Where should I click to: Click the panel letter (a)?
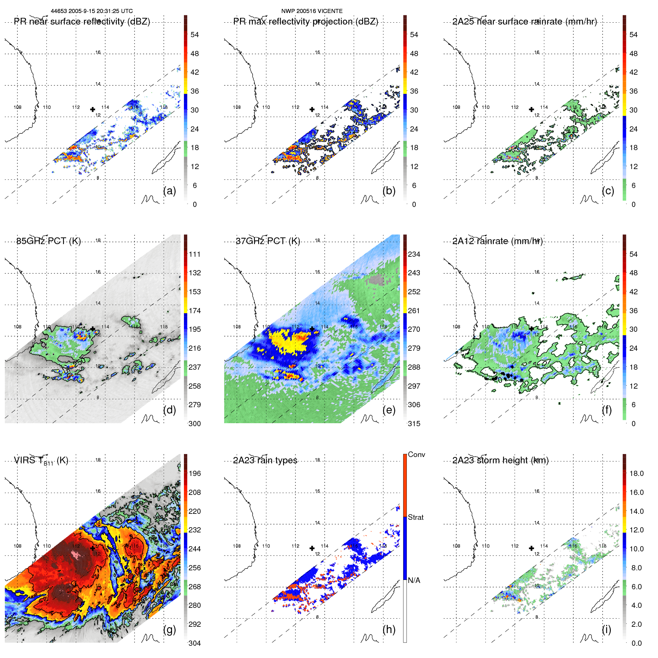[x=169, y=191]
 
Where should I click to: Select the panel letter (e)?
[x=389, y=410]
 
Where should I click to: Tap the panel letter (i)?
[x=606, y=629]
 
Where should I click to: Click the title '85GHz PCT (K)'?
[x=49, y=241]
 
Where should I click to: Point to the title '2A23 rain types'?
[x=265, y=460]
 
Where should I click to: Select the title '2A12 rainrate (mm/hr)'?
[x=497, y=241]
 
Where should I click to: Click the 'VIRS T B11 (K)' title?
[x=41, y=461]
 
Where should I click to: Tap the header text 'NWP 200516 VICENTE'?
[x=312, y=11]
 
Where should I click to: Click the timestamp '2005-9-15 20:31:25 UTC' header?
[x=100, y=11]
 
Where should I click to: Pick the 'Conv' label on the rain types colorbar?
[x=416, y=454]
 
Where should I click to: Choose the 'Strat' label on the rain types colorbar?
[x=416, y=517]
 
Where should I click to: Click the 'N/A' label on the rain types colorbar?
[x=414, y=580]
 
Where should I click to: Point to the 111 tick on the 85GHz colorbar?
[x=195, y=254]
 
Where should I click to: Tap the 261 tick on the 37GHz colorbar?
[x=414, y=311]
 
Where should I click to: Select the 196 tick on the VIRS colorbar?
[x=195, y=473]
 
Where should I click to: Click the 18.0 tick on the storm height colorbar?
[x=636, y=473]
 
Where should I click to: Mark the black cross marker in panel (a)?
[x=93, y=109]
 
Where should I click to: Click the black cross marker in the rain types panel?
[x=312, y=548]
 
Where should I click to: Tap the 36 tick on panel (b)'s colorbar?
[x=414, y=91]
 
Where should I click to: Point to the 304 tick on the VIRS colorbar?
[x=195, y=643]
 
